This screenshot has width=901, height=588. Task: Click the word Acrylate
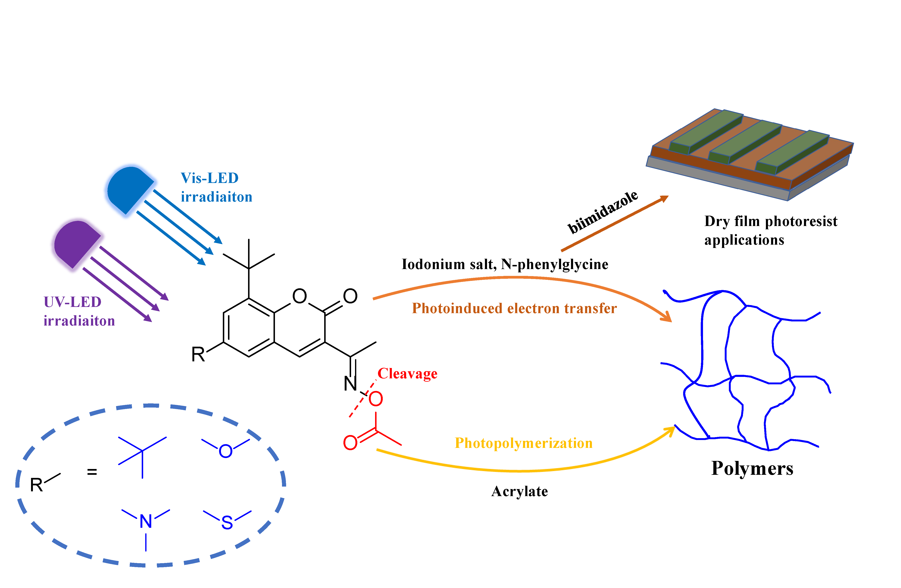pos(519,492)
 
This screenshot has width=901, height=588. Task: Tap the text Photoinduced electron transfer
pos(514,308)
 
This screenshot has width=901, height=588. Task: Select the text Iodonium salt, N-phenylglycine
pos(505,264)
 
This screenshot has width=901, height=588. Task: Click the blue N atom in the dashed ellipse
pos(146,521)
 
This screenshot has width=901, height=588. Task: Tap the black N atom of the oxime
pos(350,384)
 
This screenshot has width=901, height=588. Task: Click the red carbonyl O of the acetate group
pos(350,442)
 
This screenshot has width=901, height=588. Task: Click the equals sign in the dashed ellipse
pos(92,472)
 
